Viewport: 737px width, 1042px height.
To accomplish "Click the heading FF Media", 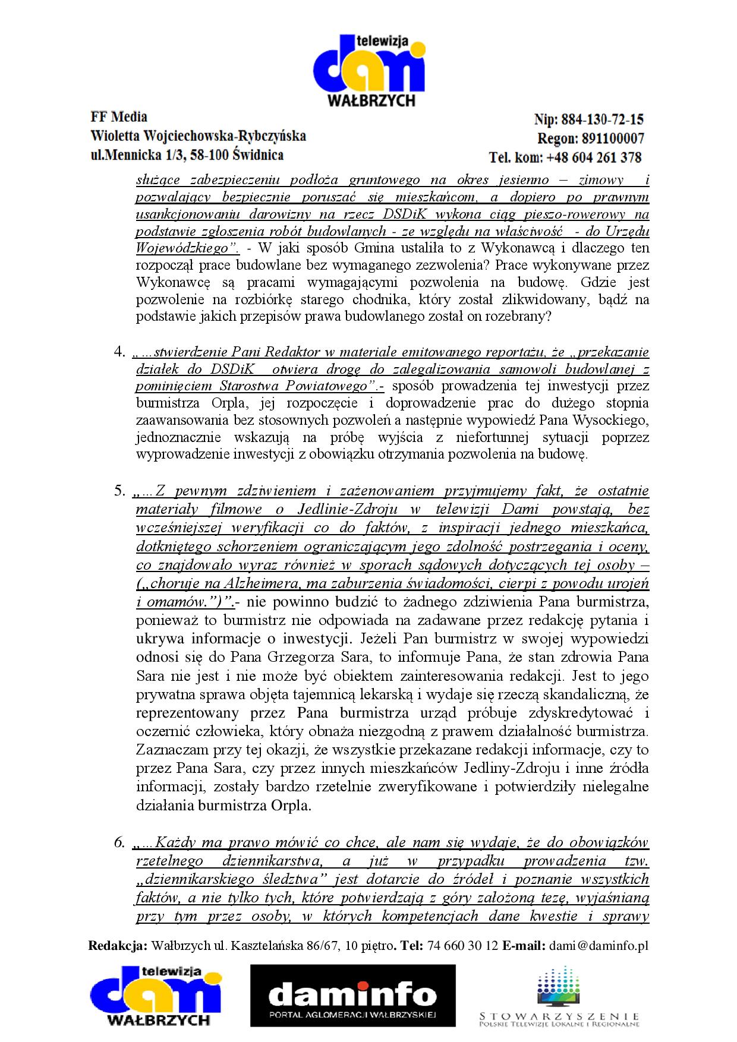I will tap(119, 117).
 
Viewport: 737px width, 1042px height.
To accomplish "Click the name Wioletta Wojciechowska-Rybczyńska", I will tap(198, 136).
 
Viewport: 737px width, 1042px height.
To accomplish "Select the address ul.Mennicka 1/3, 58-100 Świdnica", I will tap(187, 156).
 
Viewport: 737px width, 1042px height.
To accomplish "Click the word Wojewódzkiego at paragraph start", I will tap(177, 248).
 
